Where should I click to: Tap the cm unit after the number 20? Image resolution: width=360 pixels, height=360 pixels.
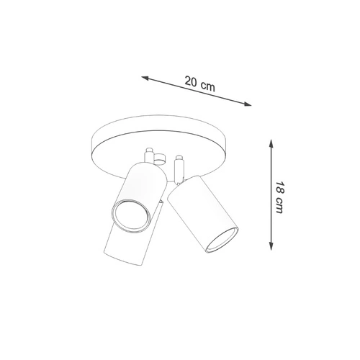pyautogui.click(x=208, y=86)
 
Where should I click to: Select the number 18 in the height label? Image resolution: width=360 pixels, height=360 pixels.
pyautogui.click(x=279, y=188)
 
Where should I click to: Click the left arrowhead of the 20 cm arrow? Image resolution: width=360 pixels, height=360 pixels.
pyautogui.click(x=145, y=78)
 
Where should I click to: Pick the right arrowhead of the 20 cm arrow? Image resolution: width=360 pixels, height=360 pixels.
pyautogui.click(x=248, y=104)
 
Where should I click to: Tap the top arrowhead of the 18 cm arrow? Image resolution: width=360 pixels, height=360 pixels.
pyautogui.click(x=271, y=143)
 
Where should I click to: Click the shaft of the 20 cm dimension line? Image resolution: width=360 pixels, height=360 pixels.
pyautogui.click(x=196, y=91)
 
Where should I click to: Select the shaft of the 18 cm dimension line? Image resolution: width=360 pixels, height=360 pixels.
pyautogui.click(x=271, y=195)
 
